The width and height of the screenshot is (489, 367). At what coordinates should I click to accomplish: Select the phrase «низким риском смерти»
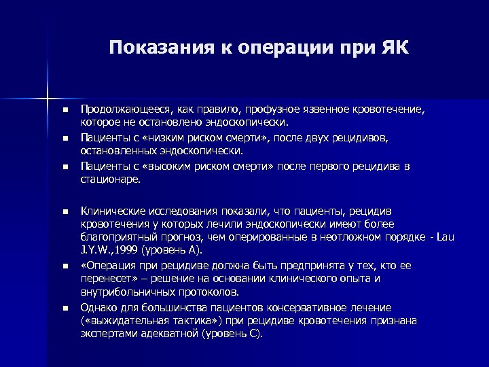(x=173, y=139)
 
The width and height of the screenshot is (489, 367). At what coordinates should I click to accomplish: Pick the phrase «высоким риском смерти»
(x=177, y=167)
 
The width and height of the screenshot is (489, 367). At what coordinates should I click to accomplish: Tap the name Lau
(x=446, y=238)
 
